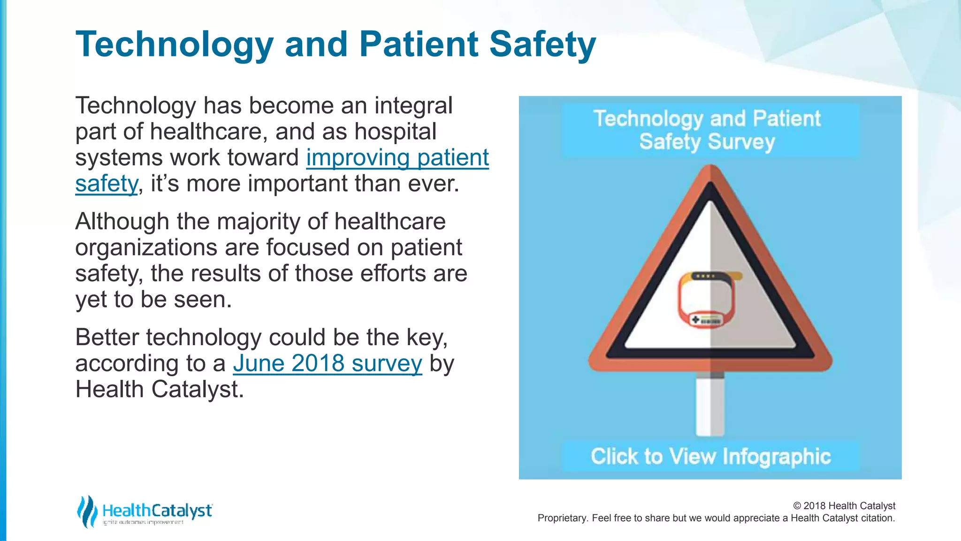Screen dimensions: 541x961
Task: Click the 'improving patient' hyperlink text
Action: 397,157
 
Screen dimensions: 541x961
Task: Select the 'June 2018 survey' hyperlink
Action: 327,363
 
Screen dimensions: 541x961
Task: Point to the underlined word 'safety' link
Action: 107,184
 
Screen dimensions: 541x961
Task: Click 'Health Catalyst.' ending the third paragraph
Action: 160,389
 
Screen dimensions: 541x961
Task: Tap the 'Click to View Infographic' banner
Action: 710,456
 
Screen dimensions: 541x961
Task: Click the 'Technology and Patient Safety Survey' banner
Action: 710,130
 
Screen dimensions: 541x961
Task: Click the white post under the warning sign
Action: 710,406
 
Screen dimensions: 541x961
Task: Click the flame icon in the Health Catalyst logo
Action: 87,511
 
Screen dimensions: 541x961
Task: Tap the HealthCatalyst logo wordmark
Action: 157,510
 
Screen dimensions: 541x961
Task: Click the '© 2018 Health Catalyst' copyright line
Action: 844,506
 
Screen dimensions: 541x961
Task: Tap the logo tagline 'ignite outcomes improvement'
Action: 143,522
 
